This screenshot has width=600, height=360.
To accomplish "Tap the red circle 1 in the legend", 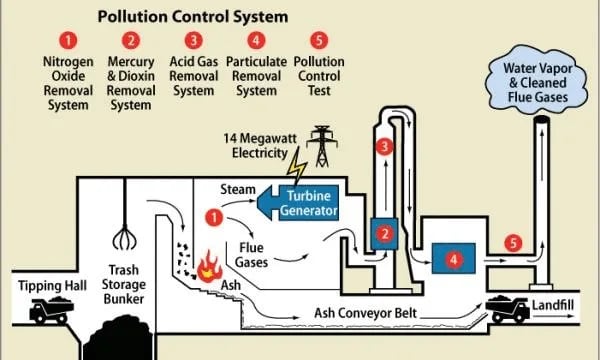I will (68, 41).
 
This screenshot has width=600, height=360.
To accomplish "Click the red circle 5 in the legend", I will (319, 41).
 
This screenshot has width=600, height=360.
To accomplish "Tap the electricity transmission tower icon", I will (322, 145).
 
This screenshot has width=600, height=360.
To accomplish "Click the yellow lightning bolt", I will (296, 162).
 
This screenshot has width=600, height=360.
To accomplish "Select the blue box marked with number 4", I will (455, 259).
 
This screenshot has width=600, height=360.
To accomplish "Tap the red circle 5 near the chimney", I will (513, 243).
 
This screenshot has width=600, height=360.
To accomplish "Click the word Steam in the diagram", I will (237, 189).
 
